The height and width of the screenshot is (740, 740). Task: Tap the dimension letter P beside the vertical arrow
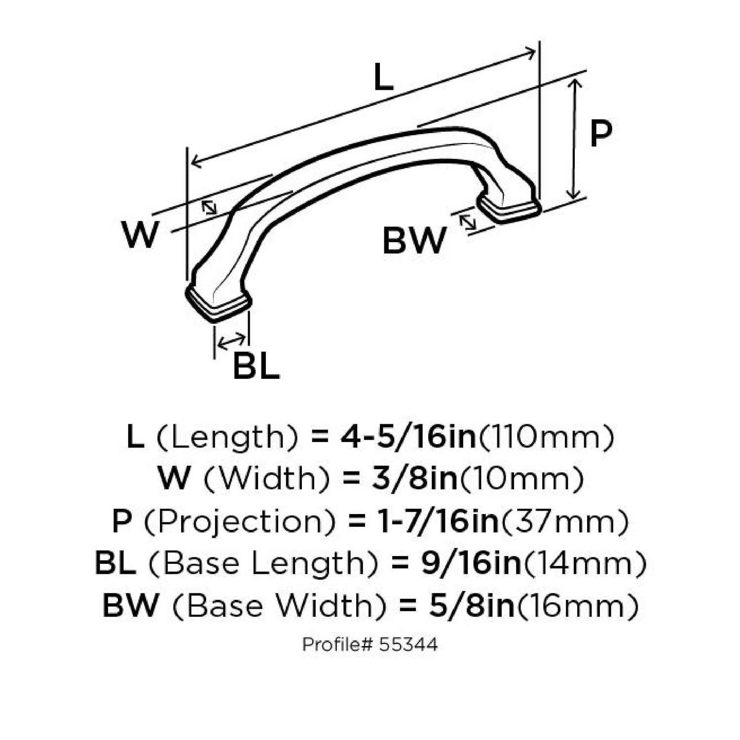[600, 134]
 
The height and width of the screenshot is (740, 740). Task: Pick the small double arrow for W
[209, 207]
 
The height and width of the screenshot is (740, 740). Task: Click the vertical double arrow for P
[574, 138]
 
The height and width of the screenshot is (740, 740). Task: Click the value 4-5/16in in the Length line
[408, 437]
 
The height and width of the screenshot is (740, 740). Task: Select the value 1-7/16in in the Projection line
[424, 521]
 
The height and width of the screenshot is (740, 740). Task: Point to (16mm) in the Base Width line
[577, 605]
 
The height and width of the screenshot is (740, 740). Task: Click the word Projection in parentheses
[240, 521]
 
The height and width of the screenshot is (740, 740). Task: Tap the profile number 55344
[408, 644]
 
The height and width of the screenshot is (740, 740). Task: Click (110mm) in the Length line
[547, 437]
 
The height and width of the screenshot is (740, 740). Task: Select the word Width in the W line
[266, 479]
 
